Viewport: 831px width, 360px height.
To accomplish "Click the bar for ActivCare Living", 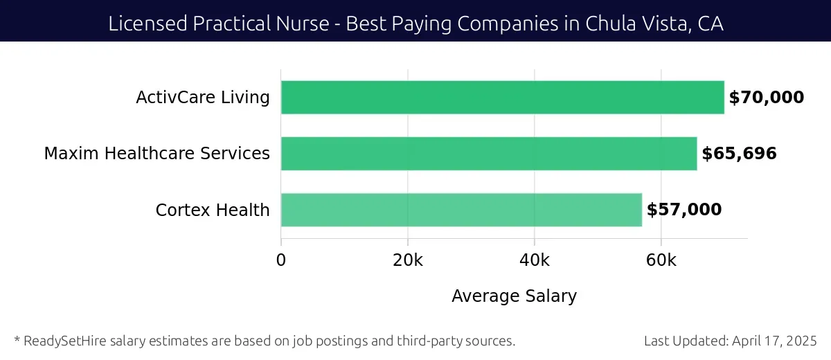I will [502, 98].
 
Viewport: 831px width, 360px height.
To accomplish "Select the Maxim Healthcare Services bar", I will [488, 154].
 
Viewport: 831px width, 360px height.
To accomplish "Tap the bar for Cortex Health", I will [461, 210].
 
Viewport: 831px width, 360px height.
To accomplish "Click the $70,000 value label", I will [767, 98].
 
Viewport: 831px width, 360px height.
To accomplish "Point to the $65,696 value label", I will [739, 154].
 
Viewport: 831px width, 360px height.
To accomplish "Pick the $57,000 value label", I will [684, 210].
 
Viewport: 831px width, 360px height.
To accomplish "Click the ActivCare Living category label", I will [203, 98].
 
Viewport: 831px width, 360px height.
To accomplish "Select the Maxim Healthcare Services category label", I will [157, 154].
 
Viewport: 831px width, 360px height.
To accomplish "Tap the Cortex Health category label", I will [213, 210].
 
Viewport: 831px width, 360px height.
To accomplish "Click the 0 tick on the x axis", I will [281, 260].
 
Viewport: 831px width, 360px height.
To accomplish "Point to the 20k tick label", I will [407, 260].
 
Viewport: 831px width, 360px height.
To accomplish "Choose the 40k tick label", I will [534, 260].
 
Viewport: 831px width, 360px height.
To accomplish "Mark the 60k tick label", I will [661, 260].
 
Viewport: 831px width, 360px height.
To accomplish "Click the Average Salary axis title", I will [514, 296].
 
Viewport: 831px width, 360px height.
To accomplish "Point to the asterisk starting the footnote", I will [17, 339].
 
